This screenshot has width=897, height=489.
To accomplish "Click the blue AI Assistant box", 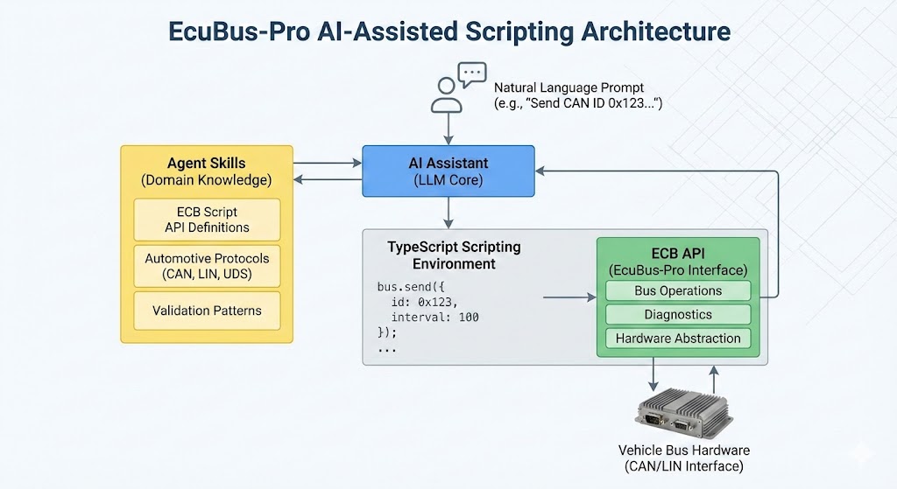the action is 448,171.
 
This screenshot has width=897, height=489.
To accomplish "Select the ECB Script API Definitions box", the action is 207,220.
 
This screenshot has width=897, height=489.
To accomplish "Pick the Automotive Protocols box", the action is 207,266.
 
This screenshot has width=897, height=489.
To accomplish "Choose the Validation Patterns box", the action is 207,311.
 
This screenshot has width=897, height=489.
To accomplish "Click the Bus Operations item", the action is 678,290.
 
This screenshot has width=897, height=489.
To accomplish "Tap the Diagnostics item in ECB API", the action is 678,315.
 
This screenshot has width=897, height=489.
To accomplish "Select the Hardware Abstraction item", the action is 678,339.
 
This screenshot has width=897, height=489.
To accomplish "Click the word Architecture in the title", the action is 656,31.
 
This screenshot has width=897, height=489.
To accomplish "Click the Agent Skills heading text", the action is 207,164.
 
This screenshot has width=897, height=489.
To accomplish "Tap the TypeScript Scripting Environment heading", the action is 455,255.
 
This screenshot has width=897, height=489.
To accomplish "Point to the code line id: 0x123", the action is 425,302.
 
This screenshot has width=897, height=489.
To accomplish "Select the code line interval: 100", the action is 434,317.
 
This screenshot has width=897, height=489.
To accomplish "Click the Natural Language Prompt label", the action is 569,88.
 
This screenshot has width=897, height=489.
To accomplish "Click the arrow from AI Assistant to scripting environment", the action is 448,213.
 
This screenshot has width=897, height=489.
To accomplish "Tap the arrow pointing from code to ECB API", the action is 569,297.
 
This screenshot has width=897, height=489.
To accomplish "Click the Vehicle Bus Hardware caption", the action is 683,458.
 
